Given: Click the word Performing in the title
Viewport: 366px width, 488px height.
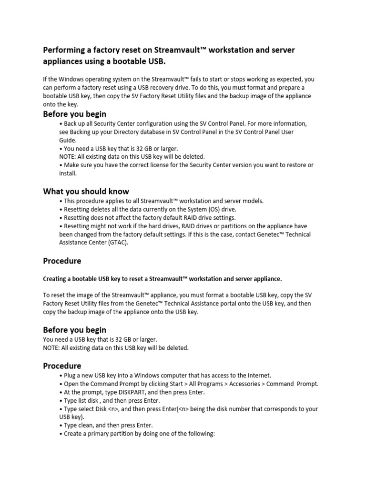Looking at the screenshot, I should (63, 50).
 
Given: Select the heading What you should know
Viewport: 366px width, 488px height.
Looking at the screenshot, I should (86, 191).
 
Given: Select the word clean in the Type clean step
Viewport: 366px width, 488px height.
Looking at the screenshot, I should (88, 425).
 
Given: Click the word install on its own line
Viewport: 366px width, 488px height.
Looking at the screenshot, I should (67, 173).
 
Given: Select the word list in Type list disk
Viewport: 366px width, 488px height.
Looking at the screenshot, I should (83, 400).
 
